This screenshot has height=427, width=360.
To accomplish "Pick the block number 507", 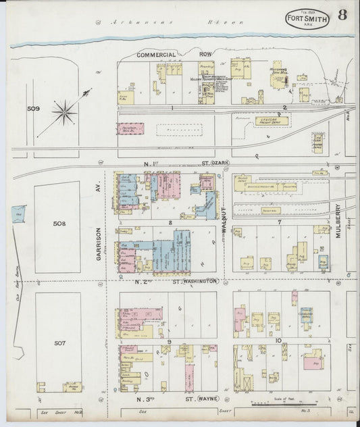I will coord(59,343).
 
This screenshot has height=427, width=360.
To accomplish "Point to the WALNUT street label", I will coord(224,222).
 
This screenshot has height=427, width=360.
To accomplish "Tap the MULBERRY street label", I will coord(336,222).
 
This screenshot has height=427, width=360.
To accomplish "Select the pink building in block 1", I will coord(131,126).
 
